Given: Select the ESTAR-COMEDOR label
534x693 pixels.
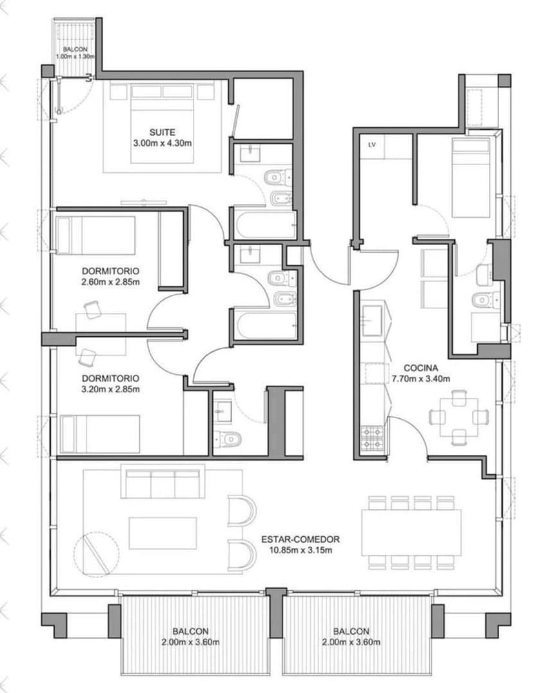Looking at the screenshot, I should click(301, 539).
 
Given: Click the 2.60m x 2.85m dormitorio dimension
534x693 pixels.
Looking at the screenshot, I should click(111, 282).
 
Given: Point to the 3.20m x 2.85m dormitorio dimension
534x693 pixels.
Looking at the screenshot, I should click(111, 389).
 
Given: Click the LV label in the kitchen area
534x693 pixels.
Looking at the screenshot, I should click(371, 145).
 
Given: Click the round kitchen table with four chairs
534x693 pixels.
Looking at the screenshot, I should click(459, 417).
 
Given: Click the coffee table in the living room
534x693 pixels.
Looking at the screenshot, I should click(163, 533).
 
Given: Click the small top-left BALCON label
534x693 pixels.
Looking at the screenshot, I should click(75, 49).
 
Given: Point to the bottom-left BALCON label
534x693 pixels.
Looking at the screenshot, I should click(191, 631).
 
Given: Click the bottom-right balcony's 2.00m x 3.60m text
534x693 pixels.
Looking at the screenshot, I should click(351, 642).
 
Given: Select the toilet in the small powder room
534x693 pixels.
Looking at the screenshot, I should click(228, 439).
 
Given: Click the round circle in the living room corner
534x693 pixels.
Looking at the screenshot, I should click(96, 554).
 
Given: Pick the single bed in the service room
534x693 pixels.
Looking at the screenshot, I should click(471, 177).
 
